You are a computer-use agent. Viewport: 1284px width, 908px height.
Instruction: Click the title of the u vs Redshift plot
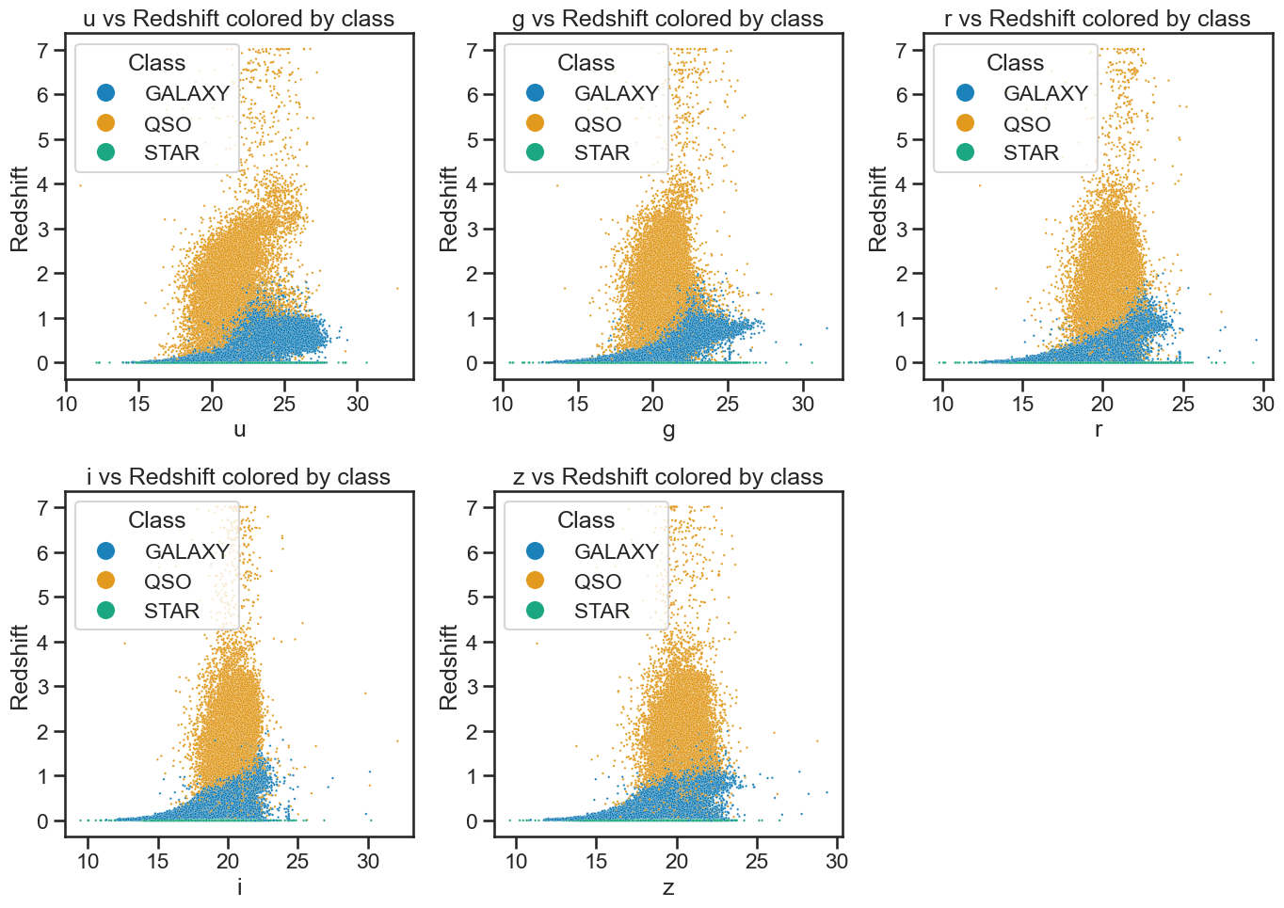[x=238, y=19]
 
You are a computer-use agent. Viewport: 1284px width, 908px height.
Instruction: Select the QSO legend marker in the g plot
[x=535, y=123]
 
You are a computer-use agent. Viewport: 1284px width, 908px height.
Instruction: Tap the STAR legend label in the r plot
[x=1031, y=153]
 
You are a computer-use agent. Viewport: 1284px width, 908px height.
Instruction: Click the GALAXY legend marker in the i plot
[x=106, y=551]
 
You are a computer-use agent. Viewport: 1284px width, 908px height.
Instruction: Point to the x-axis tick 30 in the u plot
[x=357, y=405]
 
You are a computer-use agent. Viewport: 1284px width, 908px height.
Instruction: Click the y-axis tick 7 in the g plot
[x=472, y=51]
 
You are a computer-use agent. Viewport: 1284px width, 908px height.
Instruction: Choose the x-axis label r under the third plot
[x=1099, y=429]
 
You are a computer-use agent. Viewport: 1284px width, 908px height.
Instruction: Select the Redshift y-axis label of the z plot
[x=448, y=667]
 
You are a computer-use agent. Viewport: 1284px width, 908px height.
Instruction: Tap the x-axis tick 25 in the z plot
[x=757, y=862]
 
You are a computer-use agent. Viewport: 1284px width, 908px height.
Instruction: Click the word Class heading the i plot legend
[x=156, y=520]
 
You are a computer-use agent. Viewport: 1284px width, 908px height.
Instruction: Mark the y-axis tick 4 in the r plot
[x=901, y=184]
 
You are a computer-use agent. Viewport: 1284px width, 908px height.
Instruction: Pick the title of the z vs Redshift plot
[x=667, y=477]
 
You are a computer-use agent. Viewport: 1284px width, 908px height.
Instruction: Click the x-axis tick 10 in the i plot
[x=88, y=862]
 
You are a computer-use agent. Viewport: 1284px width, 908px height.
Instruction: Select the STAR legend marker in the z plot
[x=535, y=611]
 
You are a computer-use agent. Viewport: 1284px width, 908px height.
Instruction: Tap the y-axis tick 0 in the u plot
[x=43, y=363]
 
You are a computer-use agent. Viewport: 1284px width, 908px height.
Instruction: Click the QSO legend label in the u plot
[x=168, y=124]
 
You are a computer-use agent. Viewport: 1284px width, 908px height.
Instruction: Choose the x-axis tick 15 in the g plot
[x=577, y=405]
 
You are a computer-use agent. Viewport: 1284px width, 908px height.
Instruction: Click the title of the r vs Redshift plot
[x=1097, y=19]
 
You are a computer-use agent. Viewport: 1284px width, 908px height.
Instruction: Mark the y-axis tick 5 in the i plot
[x=43, y=597]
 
